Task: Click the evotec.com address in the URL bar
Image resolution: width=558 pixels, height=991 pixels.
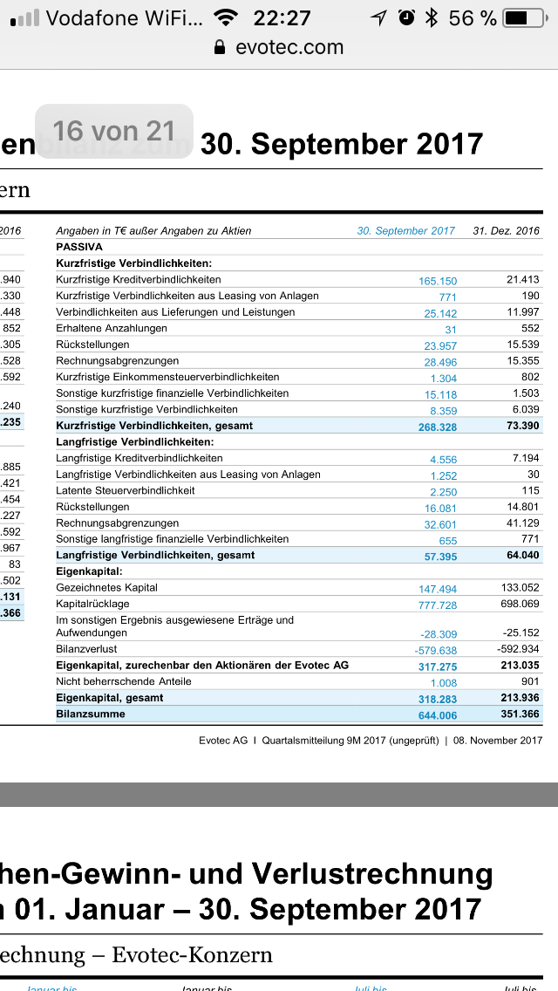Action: click(x=289, y=47)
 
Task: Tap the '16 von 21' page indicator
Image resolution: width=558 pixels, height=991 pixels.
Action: click(x=113, y=132)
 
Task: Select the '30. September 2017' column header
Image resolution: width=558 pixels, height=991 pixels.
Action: click(x=405, y=231)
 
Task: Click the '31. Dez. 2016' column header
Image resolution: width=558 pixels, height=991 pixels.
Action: click(x=506, y=231)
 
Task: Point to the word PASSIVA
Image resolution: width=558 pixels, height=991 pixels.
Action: click(x=79, y=247)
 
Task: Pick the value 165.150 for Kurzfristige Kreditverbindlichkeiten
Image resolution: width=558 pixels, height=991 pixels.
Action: click(x=438, y=281)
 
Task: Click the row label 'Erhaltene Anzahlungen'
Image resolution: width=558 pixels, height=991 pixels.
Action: click(x=112, y=328)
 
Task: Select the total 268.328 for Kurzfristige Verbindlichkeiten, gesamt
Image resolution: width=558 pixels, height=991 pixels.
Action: click(x=437, y=427)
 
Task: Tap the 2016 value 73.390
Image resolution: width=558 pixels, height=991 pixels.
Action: click(x=521, y=426)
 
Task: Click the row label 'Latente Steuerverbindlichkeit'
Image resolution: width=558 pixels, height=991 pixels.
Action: click(x=126, y=490)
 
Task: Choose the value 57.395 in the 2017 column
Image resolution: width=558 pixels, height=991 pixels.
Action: click(x=440, y=557)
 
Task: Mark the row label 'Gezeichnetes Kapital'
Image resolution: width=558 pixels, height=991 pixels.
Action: click(x=107, y=587)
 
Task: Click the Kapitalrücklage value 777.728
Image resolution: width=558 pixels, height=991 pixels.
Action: click(x=437, y=605)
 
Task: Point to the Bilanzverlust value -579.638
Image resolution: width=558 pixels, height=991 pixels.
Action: click(x=435, y=651)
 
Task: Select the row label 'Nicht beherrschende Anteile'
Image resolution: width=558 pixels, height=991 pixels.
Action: click(x=124, y=681)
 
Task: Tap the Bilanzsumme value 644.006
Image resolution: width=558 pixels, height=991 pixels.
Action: click(x=437, y=715)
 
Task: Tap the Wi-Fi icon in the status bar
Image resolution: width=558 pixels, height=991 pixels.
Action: click(x=226, y=17)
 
